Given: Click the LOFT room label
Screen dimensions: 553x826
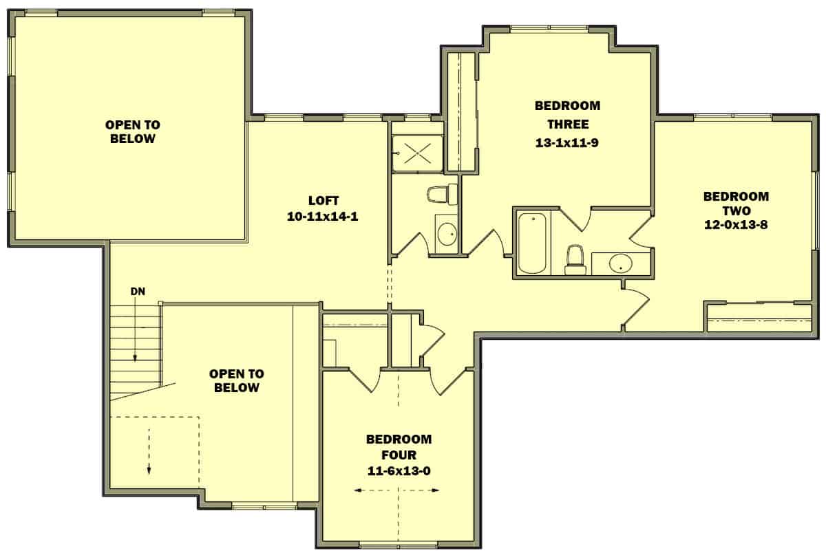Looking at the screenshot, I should click(x=323, y=201).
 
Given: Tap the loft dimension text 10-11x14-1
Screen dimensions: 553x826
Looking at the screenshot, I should click(x=323, y=216).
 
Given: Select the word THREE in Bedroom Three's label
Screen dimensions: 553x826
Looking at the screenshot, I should click(x=567, y=124).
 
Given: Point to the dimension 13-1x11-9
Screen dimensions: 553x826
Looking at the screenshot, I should click(x=567, y=143).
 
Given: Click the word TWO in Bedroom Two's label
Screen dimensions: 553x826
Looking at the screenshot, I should click(x=736, y=210).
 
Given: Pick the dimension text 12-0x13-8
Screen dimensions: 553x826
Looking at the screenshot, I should click(x=736, y=225).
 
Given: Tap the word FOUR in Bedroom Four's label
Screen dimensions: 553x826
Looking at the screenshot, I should click(x=399, y=455).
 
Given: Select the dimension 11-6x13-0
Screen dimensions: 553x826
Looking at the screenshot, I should click(x=399, y=470).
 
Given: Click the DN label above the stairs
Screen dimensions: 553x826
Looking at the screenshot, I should click(x=138, y=292).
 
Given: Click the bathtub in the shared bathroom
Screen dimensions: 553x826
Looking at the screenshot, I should click(x=532, y=243).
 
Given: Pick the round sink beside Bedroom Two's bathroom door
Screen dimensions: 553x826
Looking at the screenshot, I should click(x=620, y=263).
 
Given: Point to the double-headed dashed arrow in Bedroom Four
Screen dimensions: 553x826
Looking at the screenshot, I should click(x=398, y=490).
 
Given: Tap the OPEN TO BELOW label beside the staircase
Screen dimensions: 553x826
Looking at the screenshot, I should click(x=236, y=381).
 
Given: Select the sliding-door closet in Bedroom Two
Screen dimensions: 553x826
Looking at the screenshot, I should click(x=759, y=318).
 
